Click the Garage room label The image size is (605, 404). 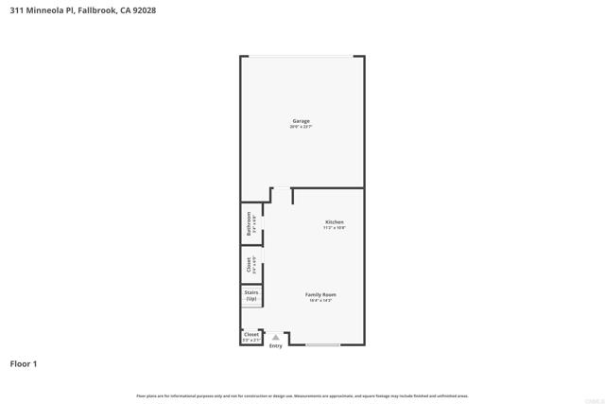tap(301, 121)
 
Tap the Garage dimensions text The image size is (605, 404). tap(301, 127)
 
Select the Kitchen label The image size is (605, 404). tap(335, 221)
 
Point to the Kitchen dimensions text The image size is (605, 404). tap(335, 228)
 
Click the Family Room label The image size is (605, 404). tap(320, 294)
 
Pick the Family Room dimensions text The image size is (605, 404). tap(320, 300)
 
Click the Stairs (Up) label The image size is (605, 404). tap(251, 295)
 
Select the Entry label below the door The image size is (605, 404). tap(276, 346)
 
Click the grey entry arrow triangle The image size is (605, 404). tap(276, 337)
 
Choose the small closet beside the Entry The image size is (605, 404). tap(251, 336)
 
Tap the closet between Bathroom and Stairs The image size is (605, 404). tap(251, 265)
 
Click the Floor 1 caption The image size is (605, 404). tap(24, 363)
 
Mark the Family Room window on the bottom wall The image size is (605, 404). tap(323, 344)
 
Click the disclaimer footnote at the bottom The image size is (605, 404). tap(302, 395)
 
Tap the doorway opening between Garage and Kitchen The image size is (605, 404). tap(283, 188)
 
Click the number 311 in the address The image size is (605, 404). tap(17, 9)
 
